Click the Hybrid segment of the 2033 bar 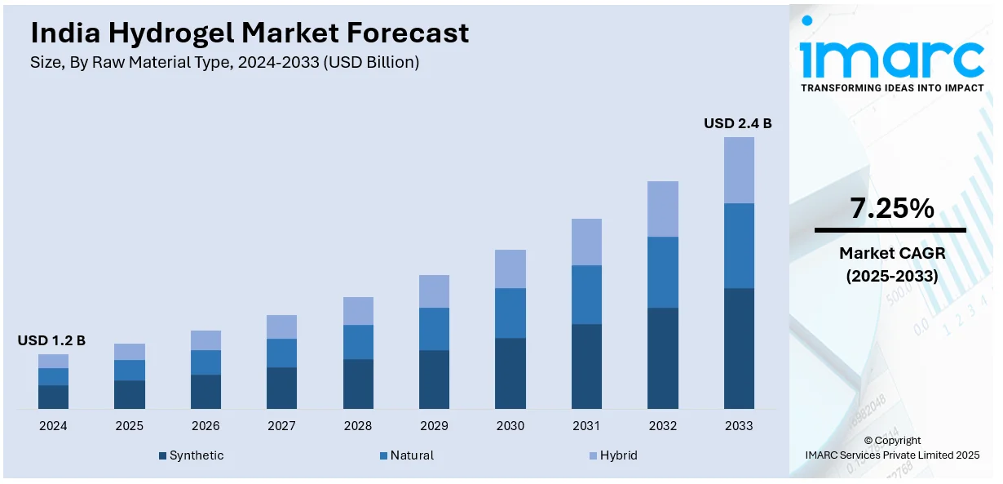tap(739, 170)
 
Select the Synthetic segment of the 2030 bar tap(510, 373)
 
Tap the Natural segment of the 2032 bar tap(662, 272)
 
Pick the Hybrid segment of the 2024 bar tap(53, 361)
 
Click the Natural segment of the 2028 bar tap(358, 342)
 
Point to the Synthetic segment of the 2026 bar tap(205, 392)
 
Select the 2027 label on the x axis tap(281, 426)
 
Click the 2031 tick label tap(586, 426)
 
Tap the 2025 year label tap(129, 426)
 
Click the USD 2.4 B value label tap(737, 123)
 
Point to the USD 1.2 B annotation tap(51, 340)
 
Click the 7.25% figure tap(891, 209)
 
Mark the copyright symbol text tap(892, 441)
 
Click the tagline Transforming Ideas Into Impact tap(891, 87)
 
